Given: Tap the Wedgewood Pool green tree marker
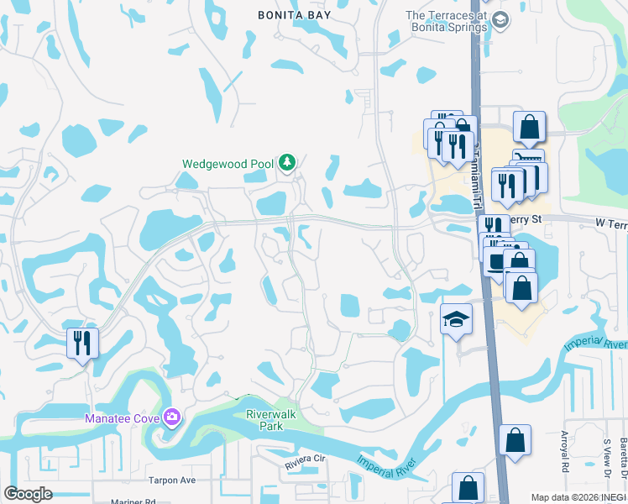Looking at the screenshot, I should coord(288,162).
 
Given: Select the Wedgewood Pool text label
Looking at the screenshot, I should coord(228,163).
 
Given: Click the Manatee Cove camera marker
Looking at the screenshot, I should coord(173,417).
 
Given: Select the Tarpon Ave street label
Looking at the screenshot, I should coord(171,480).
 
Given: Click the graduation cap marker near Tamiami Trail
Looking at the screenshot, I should coord(456,320).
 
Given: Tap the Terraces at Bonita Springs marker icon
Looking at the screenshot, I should coord(501,20).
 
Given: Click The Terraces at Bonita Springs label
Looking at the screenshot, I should coord(446,21).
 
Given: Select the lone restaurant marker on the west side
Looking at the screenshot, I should coord(82,343).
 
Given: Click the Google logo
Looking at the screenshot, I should coord(28,494).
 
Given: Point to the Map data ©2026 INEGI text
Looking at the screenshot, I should coord(578,497).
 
